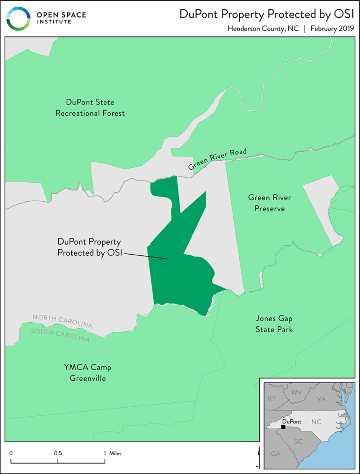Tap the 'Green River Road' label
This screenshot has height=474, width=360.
(217, 159)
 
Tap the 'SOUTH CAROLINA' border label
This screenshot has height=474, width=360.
(60, 334)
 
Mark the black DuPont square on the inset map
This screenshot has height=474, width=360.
(283, 427)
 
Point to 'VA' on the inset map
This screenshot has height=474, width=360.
(321, 399)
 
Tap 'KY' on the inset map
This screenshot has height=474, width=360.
(272, 398)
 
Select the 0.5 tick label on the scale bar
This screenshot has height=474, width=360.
(58, 453)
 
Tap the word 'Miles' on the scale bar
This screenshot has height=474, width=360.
(115, 453)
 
